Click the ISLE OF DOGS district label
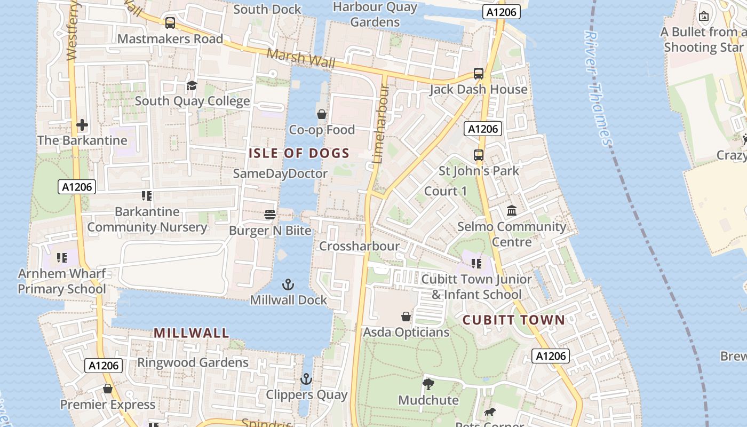(x=299, y=154)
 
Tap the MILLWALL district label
(x=192, y=333)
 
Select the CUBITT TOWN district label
(x=513, y=320)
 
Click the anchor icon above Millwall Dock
(x=288, y=284)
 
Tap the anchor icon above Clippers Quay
(x=306, y=379)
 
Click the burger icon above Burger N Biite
(x=270, y=215)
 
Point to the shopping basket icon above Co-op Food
(x=322, y=114)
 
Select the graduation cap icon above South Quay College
(x=192, y=85)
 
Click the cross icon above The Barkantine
(x=82, y=125)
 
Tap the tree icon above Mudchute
(x=428, y=384)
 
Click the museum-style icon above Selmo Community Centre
(x=512, y=211)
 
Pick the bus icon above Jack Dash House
(x=479, y=74)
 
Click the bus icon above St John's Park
(x=479, y=155)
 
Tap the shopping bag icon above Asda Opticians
(x=406, y=317)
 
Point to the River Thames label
(x=598, y=88)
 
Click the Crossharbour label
(x=359, y=246)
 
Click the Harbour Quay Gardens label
(x=375, y=14)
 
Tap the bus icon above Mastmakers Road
(x=170, y=23)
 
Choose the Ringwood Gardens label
(x=193, y=362)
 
